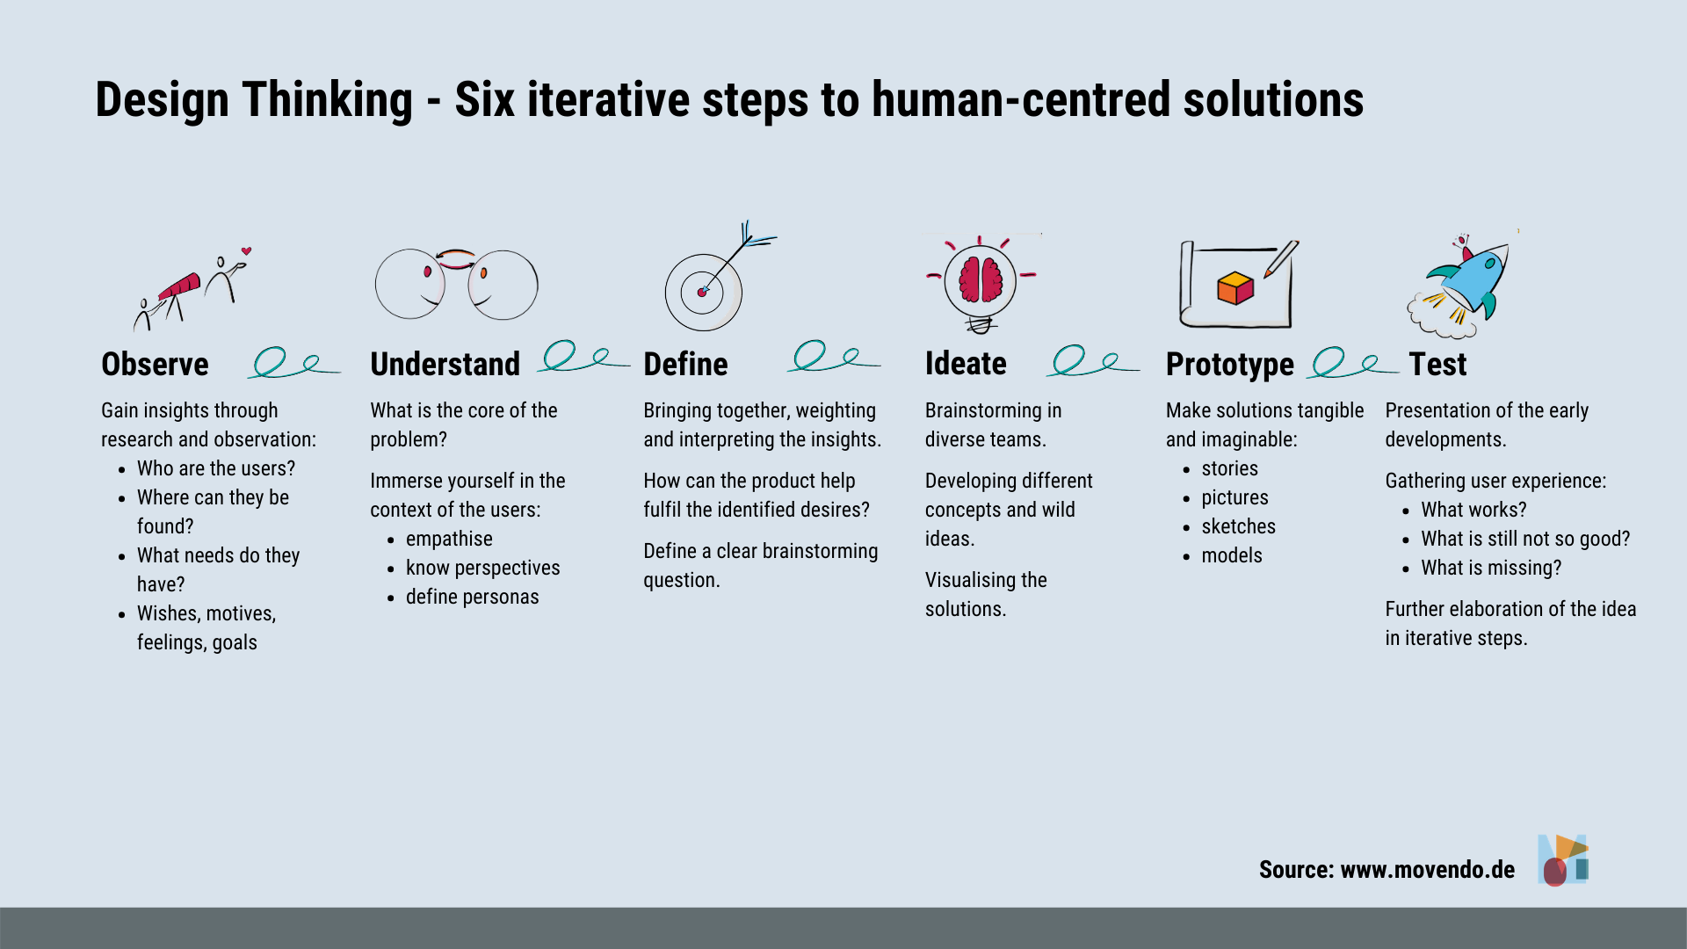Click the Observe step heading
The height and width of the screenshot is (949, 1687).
[x=155, y=364]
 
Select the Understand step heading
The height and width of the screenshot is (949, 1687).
[x=445, y=364]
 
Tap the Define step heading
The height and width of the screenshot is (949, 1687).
[x=685, y=364]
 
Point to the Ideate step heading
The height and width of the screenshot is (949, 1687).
[x=966, y=363]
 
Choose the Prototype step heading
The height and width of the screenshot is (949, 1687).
[x=1229, y=365]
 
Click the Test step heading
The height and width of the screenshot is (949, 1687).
[x=1437, y=364]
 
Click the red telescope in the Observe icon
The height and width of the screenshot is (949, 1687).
[x=179, y=286]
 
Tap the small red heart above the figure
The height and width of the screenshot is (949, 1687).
[x=247, y=251]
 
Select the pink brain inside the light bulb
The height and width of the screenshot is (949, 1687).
[x=981, y=280]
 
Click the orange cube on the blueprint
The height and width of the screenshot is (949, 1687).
[x=1234, y=288]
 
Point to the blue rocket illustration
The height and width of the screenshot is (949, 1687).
[x=1470, y=278]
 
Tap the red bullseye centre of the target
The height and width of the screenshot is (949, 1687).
[x=702, y=292]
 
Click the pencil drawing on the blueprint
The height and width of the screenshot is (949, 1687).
[x=1281, y=259]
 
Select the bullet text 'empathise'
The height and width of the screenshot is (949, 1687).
[x=449, y=539]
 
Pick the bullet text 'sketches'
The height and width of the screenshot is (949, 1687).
[x=1238, y=526]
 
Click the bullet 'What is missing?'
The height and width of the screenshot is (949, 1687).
[x=1491, y=568]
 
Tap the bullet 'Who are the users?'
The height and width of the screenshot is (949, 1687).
[x=216, y=468]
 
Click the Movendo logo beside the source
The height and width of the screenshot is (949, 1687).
[x=1563, y=859]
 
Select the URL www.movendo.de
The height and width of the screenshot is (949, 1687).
[x=1428, y=869]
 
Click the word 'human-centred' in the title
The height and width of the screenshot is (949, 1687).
[x=1021, y=99]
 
